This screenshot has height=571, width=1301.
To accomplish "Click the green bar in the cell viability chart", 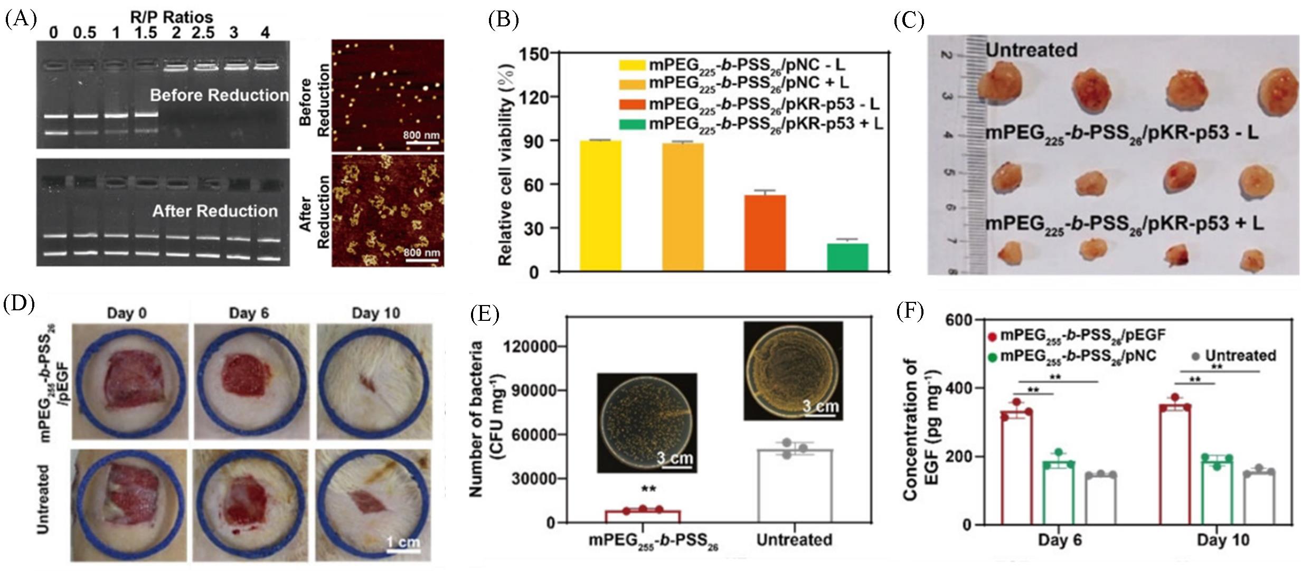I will [x=847, y=257].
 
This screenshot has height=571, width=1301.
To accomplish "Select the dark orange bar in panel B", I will [x=765, y=233].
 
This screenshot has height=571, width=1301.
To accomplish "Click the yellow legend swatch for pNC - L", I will [x=632, y=65].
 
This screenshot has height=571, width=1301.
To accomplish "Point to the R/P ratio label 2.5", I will [x=202, y=33].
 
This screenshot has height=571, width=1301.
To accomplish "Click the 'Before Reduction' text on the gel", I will [x=219, y=96].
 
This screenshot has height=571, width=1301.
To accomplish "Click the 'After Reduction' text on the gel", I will [x=215, y=211].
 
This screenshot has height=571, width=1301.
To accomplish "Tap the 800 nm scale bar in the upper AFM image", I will [x=421, y=141].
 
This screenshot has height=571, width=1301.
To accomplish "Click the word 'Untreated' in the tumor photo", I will [x=1031, y=50].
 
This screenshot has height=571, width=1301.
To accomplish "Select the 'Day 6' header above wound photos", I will [x=249, y=313].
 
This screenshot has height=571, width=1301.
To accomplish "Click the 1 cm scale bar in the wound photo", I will [x=403, y=550].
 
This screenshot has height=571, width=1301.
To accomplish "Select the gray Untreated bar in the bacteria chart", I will [x=795, y=486].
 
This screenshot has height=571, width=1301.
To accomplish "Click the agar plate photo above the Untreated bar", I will [x=793, y=370].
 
